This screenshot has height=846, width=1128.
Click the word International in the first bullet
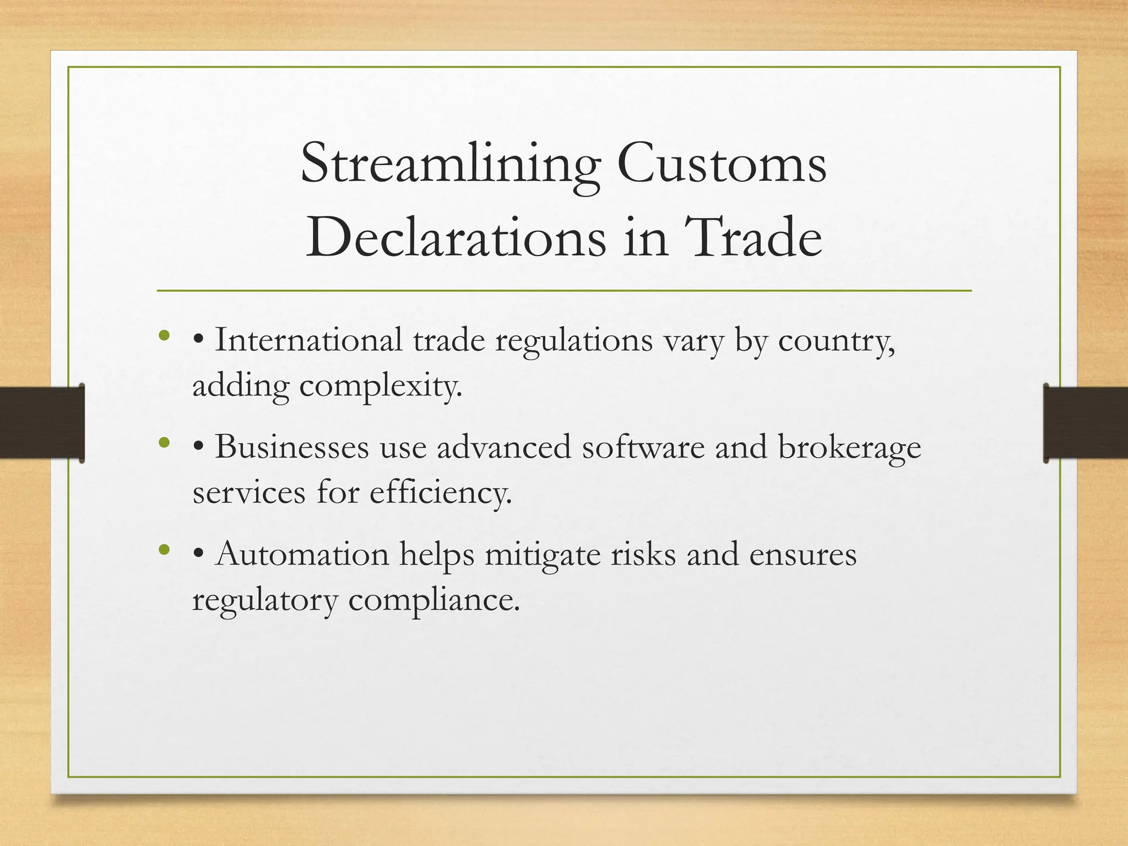308,340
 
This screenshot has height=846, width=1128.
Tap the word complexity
381,387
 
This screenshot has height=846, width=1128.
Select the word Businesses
292,447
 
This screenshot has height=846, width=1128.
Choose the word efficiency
441,492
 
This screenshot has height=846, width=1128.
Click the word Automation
302,554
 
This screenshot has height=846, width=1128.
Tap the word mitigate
543,555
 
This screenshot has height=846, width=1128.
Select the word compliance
434,600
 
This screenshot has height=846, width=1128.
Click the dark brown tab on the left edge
42,422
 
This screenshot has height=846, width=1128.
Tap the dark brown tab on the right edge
1086,422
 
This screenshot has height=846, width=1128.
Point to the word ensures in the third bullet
802,555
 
